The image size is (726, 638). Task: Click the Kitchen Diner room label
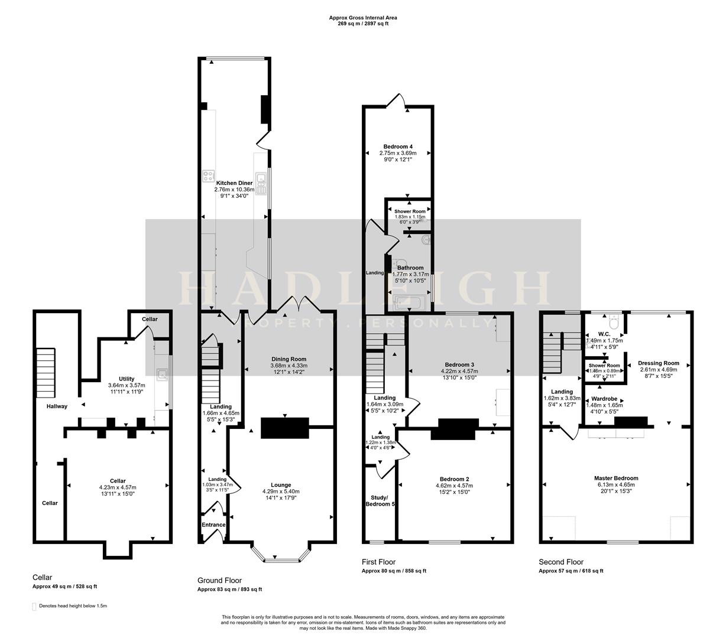[234, 183]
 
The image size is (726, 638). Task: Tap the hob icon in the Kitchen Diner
[208, 175]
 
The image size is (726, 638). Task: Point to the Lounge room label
[281, 485]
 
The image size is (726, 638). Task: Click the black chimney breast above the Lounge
[284, 427]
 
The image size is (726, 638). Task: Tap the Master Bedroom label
[616, 479]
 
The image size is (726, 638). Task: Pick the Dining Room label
[289, 359]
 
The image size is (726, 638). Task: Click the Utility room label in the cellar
[127, 379]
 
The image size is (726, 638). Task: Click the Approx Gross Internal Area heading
[363, 18]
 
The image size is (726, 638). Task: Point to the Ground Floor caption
[219, 581]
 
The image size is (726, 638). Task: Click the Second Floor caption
[561, 562]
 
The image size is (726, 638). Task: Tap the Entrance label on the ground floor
[213, 525]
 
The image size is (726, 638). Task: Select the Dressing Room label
[659, 363]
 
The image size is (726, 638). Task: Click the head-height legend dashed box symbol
[34, 606]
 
